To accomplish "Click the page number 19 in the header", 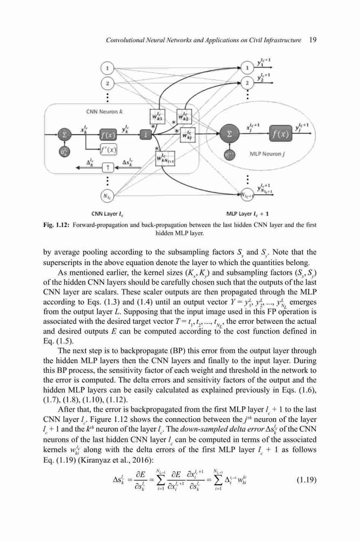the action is click(313, 39).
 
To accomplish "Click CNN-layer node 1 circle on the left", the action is click(108, 68).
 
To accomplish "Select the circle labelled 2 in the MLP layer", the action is click(247, 83).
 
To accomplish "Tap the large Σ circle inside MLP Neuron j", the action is click(229, 134).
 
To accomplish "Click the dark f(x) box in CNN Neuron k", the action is click(108, 134).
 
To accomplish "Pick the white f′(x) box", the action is click(108, 149).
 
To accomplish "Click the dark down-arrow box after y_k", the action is click(146, 134).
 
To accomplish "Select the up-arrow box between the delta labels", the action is click(108, 167).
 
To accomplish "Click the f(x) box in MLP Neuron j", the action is click(281, 134).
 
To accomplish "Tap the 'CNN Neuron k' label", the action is click(104, 111).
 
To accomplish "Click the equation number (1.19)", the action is click(306, 479).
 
